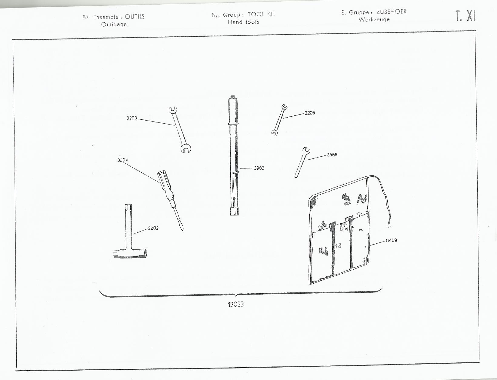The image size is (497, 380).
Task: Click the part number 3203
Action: point(132,118)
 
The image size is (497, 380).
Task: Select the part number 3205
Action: point(310,113)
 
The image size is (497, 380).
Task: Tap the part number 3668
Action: point(332,155)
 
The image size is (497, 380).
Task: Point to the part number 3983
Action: point(259,168)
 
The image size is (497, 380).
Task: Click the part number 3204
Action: point(122,160)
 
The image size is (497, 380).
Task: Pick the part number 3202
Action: point(153,228)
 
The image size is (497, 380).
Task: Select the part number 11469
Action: point(391,240)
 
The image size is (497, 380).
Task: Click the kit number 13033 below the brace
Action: point(236,305)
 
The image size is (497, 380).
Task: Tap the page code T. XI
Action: point(465,16)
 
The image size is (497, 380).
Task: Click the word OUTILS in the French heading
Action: point(135,17)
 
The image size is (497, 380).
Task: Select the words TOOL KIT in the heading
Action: point(262,14)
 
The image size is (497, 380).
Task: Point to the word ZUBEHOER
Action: point(391,12)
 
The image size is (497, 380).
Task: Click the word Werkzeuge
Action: point(374,20)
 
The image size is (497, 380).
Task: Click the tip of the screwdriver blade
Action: point(182,229)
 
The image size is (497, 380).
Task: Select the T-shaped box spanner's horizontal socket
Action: point(130,253)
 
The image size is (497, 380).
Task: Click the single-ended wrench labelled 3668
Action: point(302,162)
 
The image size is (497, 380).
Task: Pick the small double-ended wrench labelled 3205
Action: point(279,120)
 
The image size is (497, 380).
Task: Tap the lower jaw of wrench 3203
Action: point(186,149)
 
